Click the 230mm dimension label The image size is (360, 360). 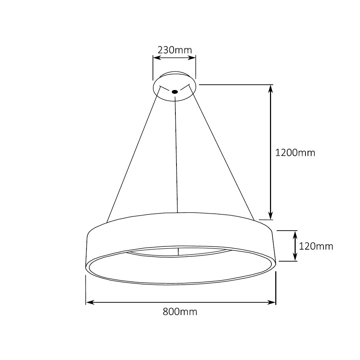coord(175,50)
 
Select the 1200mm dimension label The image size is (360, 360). coord(295,153)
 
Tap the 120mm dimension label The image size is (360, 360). coord(316,246)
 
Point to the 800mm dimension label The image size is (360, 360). coord(180,311)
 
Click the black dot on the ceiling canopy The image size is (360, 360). coord(175,92)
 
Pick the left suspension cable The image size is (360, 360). coord(134,155)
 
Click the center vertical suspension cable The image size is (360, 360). coord(176,155)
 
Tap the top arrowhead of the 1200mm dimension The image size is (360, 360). coord(270,89)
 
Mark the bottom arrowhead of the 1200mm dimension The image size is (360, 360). coord(270,216)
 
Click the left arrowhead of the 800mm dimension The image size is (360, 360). coord(89,302)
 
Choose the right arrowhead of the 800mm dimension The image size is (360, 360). coord(272,302)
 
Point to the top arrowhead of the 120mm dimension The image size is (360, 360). coord(295,234)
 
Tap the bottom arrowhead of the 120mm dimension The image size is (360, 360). coord(295,258)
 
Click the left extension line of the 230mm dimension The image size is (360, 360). coord(153,69)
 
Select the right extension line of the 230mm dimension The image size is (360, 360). coord(196,69)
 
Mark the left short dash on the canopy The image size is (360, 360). coord(162,88)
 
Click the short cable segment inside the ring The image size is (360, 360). coord(179,252)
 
